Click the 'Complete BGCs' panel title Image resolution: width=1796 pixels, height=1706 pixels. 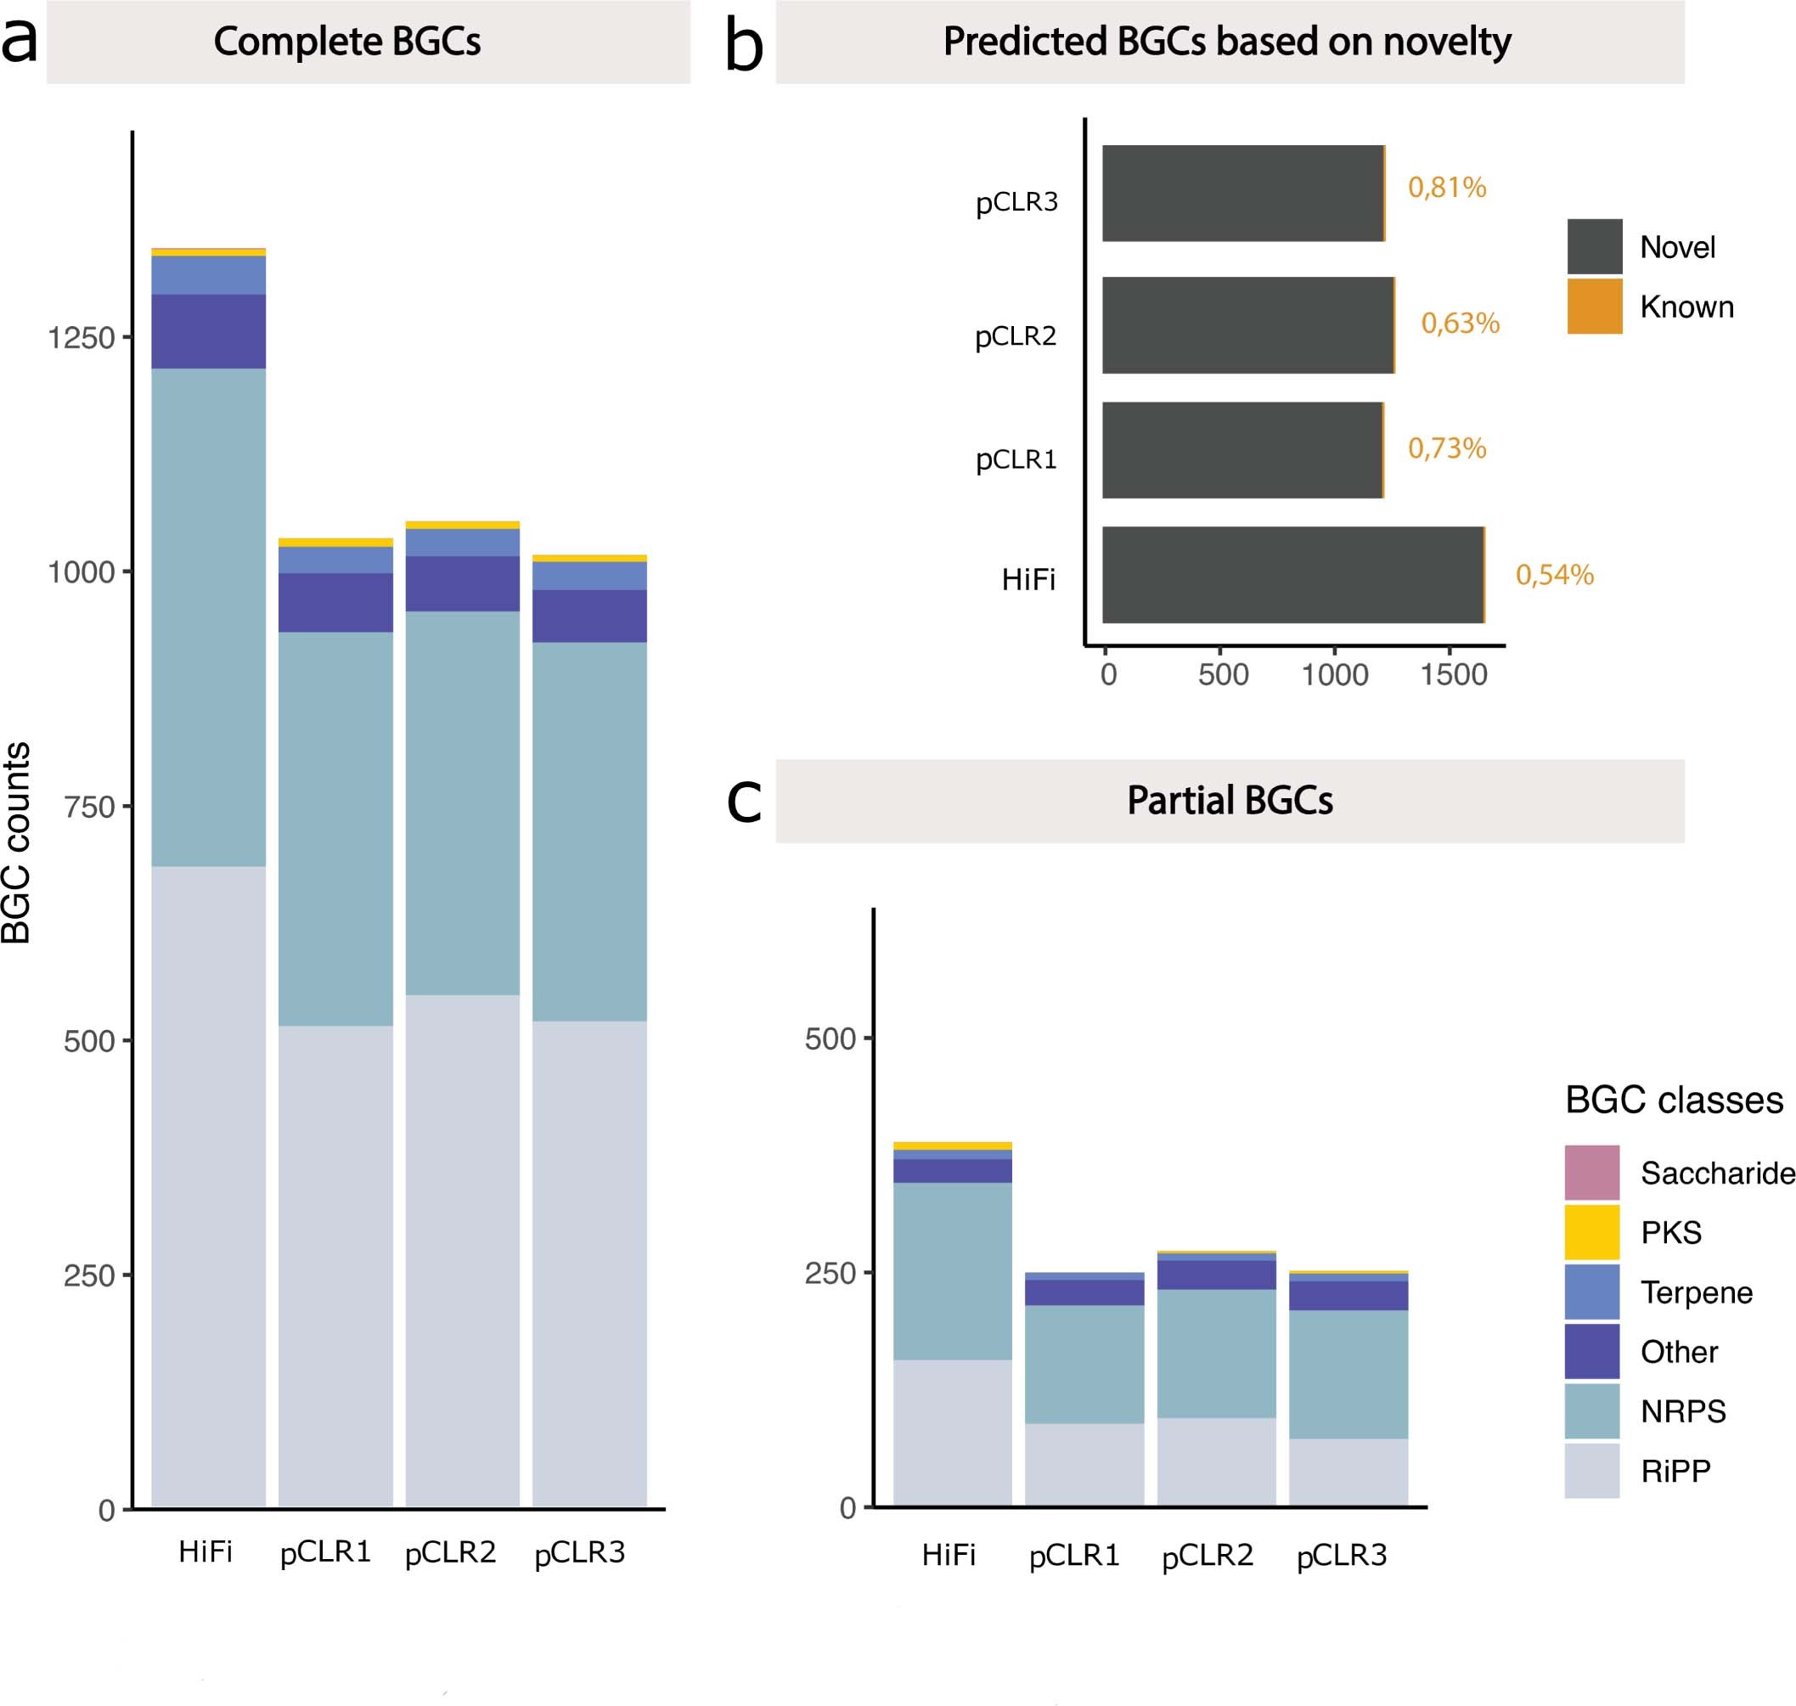click(346, 42)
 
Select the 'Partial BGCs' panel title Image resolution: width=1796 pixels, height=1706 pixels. click(1230, 800)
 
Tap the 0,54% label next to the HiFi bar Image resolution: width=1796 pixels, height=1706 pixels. click(1554, 575)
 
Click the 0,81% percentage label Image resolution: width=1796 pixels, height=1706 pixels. click(1447, 188)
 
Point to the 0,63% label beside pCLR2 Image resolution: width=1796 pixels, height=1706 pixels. click(1460, 323)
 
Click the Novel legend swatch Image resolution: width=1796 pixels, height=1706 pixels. click(1594, 246)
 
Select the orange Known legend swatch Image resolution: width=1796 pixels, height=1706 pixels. click(1594, 307)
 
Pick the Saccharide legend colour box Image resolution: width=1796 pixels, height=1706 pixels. click(1591, 1172)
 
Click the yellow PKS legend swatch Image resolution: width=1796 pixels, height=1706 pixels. click(1591, 1232)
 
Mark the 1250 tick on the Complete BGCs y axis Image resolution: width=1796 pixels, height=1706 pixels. click(81, 338)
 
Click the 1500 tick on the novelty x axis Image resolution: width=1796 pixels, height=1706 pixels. click(1453, 675)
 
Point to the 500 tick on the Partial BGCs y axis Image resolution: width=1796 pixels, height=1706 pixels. click(830, 1039)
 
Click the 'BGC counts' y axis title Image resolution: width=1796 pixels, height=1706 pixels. click(16, 842)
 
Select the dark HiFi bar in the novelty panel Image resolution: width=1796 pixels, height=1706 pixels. click(1292, 575)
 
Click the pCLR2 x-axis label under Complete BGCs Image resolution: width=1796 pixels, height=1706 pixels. click(450, 1552)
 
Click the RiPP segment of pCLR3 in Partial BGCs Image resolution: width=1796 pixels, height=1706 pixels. click(1348, 1472)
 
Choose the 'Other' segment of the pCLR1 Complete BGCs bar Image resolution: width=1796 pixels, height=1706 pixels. click(335, 602)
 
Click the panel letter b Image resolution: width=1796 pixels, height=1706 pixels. click(743, 46)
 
